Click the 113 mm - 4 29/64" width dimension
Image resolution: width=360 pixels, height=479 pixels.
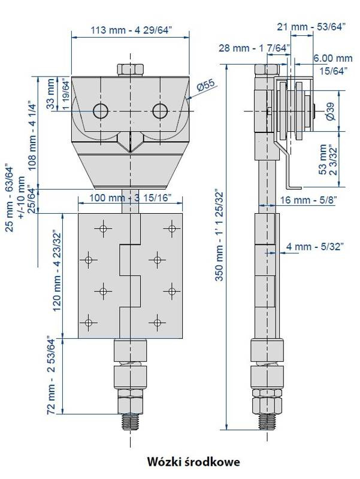131,31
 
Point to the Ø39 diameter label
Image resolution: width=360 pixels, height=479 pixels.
331,111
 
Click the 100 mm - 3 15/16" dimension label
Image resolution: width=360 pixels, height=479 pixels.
130,198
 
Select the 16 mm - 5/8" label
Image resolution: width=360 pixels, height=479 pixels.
308,200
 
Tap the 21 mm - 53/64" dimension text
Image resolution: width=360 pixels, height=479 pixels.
311,27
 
